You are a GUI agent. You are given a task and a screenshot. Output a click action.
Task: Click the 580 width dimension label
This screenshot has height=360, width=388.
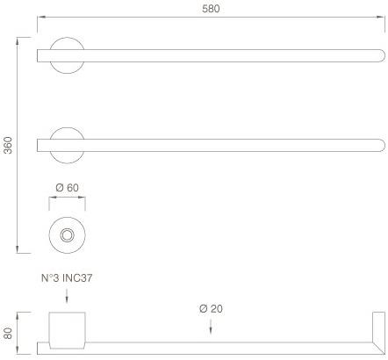click(x=211, y=9)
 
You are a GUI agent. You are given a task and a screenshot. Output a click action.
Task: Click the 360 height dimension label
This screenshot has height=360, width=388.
click(x=9, y=145)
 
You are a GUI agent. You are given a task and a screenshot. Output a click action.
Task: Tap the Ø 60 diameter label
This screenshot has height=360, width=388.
click(x=67, y=188)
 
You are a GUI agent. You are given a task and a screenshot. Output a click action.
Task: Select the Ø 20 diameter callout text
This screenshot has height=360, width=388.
click(x=211, y=308)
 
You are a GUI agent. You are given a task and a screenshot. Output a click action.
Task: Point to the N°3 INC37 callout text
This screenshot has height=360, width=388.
click(x=67, y=277)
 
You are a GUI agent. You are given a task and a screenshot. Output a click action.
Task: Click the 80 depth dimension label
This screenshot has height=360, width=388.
click(x=8, y=333)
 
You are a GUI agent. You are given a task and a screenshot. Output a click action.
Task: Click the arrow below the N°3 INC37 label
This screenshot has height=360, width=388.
click(x=67, y=296)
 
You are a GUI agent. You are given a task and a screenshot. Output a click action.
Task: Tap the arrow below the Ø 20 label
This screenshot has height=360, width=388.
click(x=211, y=326)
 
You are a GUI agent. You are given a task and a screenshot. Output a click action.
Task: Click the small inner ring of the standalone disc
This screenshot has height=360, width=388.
click(x=67, y=235)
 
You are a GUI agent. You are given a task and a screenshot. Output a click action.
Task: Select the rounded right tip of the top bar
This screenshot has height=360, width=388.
click(x=382, y=55)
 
